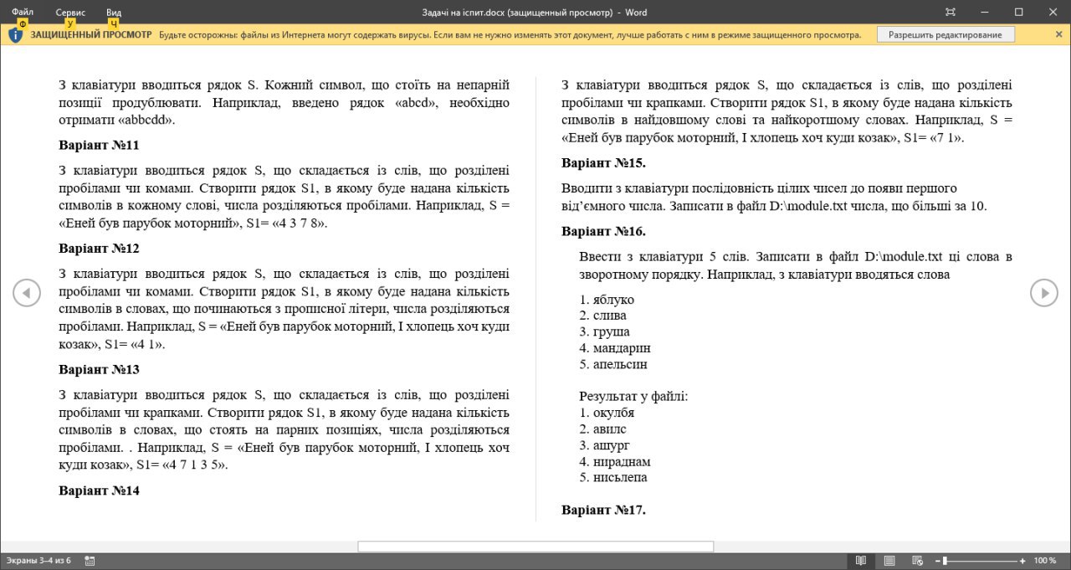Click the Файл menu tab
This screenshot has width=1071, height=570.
click(23, 12)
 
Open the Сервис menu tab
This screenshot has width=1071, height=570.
click(70, 12)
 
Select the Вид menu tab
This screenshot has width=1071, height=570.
click(114, 12)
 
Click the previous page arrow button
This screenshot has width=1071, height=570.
click(27, 293)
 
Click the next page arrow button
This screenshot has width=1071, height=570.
click(1043, 293)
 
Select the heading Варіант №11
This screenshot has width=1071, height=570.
click(99, 146)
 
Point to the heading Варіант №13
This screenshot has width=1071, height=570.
click(99, 370)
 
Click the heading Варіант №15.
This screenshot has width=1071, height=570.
click(603, 163)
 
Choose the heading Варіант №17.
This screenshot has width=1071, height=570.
click(603, 510)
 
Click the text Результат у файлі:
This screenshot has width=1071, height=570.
click(633, 396)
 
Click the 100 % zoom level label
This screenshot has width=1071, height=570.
click(1045, 561)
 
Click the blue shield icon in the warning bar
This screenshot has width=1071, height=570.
click(16, 34)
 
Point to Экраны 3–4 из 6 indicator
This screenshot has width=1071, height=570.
click(38, 561)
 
